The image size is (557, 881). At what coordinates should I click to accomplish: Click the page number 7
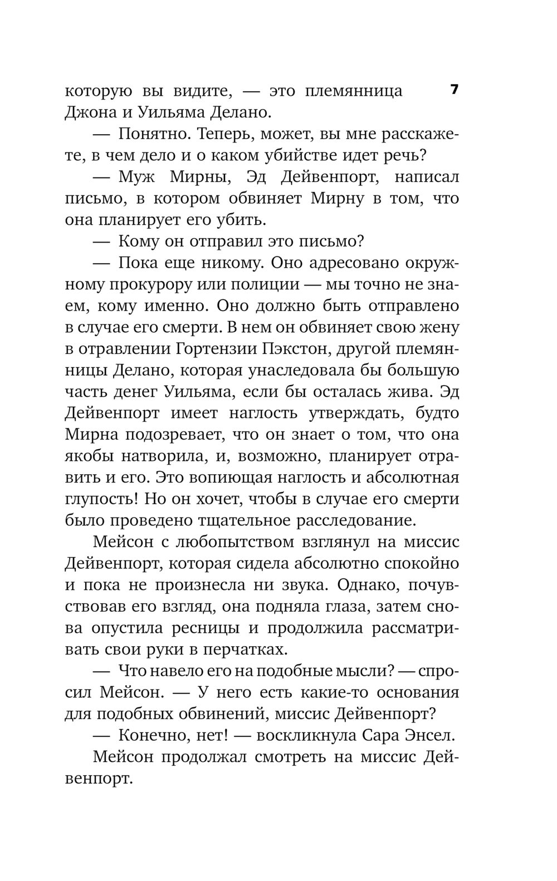pyautogui.click(x=454, y=90)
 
